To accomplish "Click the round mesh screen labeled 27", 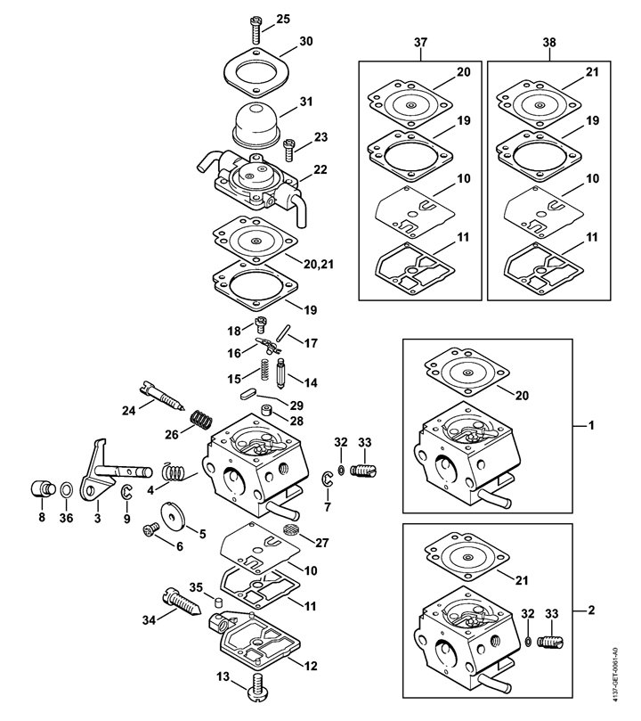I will click(287, 529).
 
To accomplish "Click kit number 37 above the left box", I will click(420, 42).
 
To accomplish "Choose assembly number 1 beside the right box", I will click(591, 426).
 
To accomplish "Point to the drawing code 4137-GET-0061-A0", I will click(630, 660).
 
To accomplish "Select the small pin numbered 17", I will click(282, 335).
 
